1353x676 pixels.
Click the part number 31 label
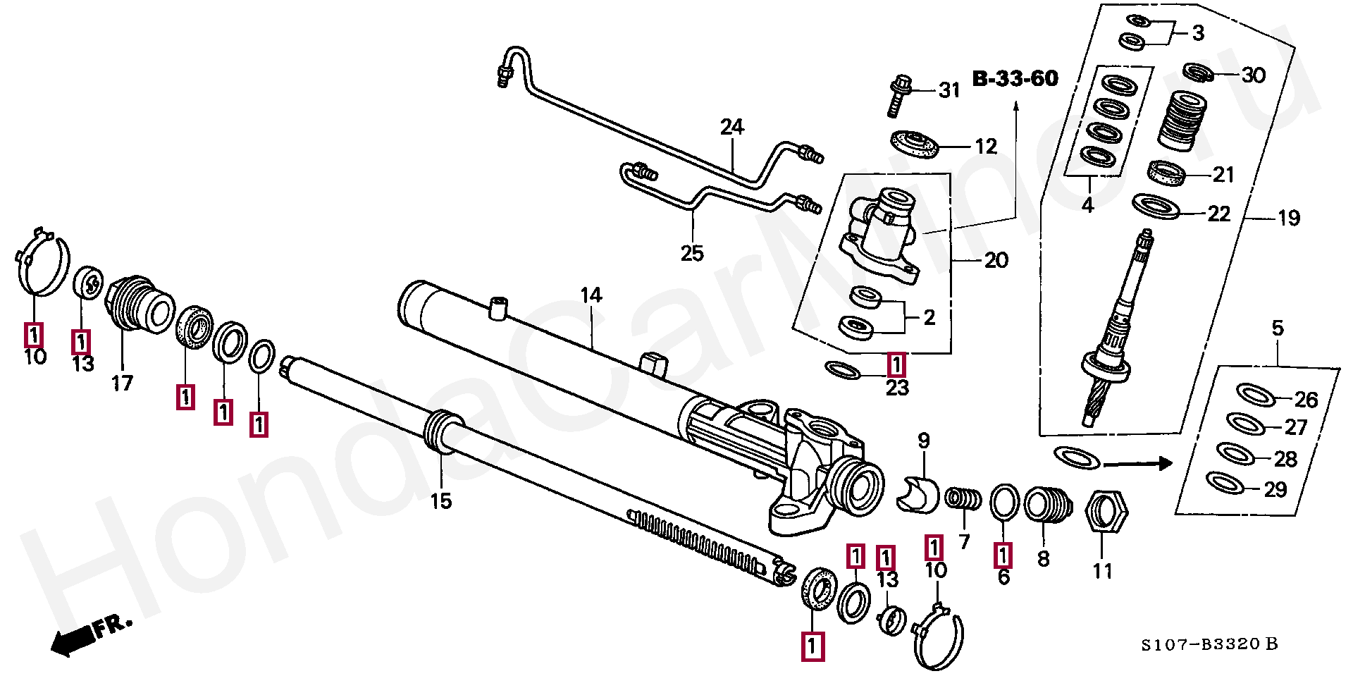tap(949, 90)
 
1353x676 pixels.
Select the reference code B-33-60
tap(1015, 78)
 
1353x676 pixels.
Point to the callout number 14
tap(591, 295)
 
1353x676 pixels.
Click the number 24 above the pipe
tap(732, 127)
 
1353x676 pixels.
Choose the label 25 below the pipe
tap(692, 253)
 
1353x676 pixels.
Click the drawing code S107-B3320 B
tap(1209, 644)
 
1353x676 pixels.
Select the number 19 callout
tap(1289, 219)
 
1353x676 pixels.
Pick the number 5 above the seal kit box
tap(1278, 328)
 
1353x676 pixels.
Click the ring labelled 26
tap(1256, 395)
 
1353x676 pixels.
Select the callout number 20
tap(996, 261)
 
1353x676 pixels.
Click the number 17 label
tap(122, 383)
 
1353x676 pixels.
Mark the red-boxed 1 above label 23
tap(896, 364)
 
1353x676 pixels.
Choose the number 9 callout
tap(924, 441)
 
